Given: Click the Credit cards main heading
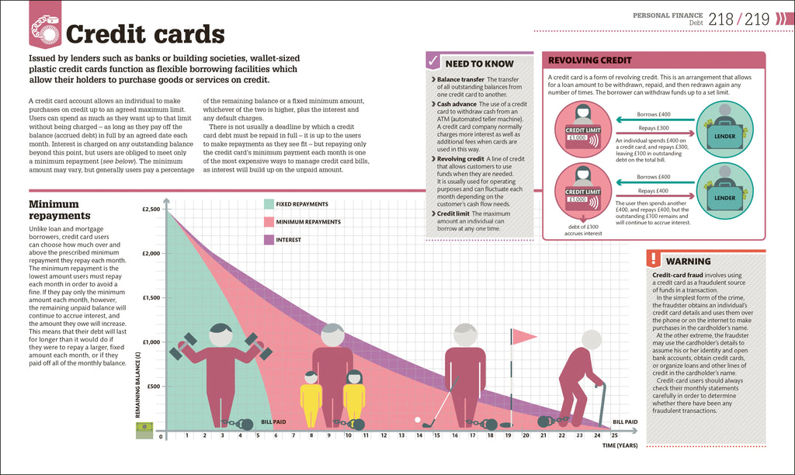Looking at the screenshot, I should pyautogui.click(x=145, y=34).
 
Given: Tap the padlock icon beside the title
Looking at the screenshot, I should pyautogui.click(x=45, y=29).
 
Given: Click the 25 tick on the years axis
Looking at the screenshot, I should pyautogui.click(x=614, y=435).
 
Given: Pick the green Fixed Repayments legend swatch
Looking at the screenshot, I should pyautogui.click(x=269, y=204).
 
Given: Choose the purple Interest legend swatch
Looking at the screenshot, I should pyautogui.click(x=269, y=240).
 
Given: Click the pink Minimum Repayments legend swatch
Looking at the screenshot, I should pyautogui.click(x=269, y=222).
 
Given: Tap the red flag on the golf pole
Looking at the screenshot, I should pyautogui.click(x=526, y=335).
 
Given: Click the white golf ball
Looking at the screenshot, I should pyautogui.click(x=418, y=420).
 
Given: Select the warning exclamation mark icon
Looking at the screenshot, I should pyautogui.click(x=654, y=260).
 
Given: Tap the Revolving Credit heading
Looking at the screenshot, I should pyautogui.click(x=590, y=60).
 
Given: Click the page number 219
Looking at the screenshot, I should pyautogui.click(x=758, y=19).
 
